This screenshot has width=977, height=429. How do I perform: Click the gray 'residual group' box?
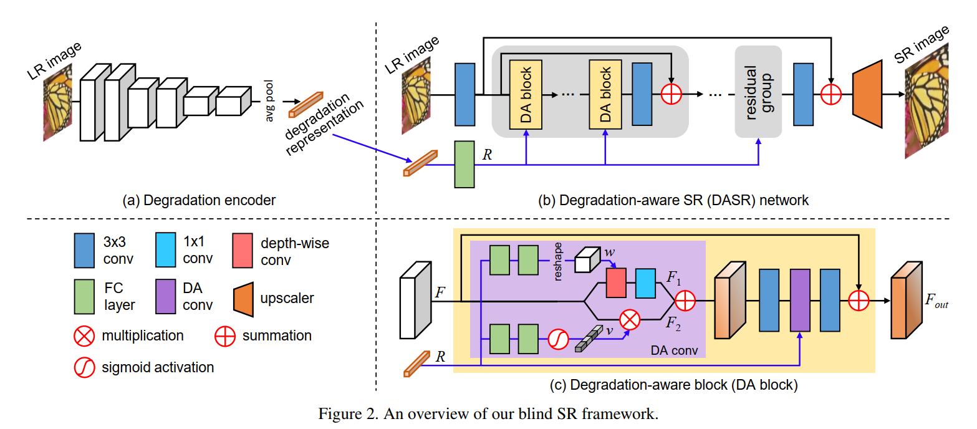pos(758,92)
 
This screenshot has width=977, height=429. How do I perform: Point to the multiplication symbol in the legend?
pos(83,335)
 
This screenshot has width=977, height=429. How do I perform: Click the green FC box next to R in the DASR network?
pos(464,163)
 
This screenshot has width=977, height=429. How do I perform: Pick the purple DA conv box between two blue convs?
pos(799,300)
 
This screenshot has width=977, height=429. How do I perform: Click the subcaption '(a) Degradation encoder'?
pos(200,200)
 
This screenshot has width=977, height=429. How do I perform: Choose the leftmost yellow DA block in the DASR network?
pos(526,94)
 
